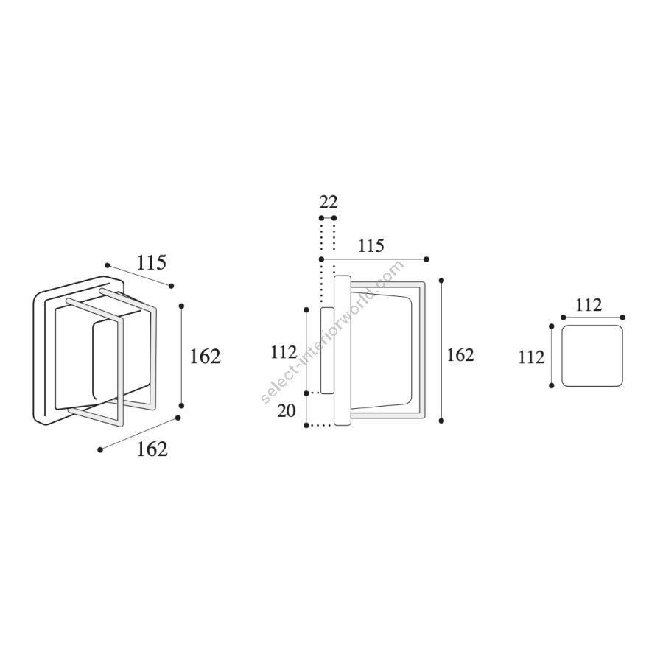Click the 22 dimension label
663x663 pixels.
(x=329, y=202)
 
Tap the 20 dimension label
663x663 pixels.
(x=287, y=410)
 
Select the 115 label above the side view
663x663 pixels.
(x=371, y=245)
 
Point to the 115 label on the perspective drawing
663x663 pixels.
(x=151, y=262)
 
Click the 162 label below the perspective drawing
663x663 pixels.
(x=152, y=449)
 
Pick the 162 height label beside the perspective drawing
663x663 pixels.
(x=205, y=357)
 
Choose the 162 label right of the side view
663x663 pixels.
(x=460, y=355)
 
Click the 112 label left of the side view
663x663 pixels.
(x=284, y=352)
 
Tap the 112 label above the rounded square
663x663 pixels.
(x=589, y=305)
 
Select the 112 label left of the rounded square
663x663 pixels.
(x=531, y=357)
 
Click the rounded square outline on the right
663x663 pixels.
(x=592, y=356)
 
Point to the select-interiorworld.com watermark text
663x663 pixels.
(x=332, y=332)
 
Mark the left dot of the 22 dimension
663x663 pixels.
(x=321, y=218)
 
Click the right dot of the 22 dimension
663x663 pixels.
(x=334, y=218)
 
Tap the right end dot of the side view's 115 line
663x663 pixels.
(x=427, y=259)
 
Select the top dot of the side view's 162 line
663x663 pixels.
(x=442, y=281)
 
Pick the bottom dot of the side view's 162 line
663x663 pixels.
(x=442, y=421)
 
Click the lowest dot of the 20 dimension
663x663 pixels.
(x=306, y=425)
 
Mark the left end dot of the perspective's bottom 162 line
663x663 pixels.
(x=100, y=450)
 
